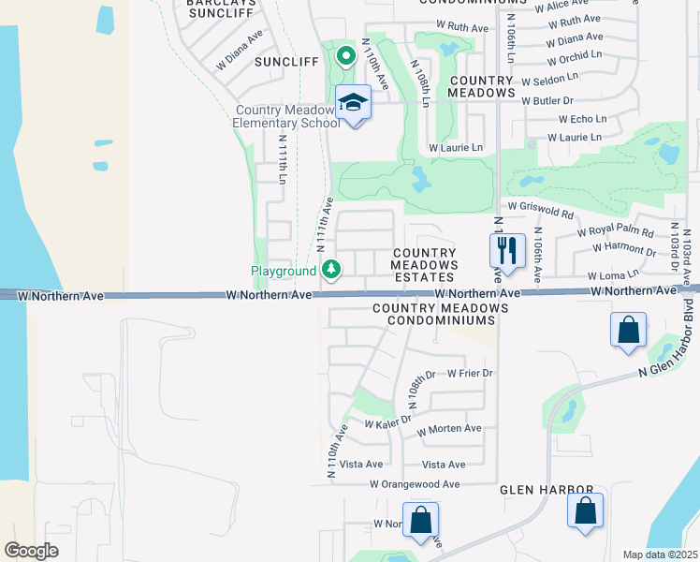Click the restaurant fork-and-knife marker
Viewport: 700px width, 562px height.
(x=506, y=250)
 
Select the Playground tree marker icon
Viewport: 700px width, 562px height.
(x=331, y=270)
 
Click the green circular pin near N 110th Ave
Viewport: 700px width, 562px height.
(x=345, y=56)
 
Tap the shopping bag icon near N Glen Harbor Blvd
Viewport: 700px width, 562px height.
(x=627, y=330)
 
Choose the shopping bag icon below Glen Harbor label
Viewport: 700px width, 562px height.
(x=585, y=510)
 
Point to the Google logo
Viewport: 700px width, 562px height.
(x=31, y=550)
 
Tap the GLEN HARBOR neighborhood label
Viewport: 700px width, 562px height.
(x=547, y=490)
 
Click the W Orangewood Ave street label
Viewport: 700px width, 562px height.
(x=415, y=484)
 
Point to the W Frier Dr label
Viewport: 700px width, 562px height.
(x=470, y=373)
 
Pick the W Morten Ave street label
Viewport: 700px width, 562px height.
(x=449, y=429)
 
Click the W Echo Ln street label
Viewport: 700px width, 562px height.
(x=582, y=119)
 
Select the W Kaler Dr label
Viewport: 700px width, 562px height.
(x=387, y=422)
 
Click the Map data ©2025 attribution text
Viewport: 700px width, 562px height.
(x=660, y=555)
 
